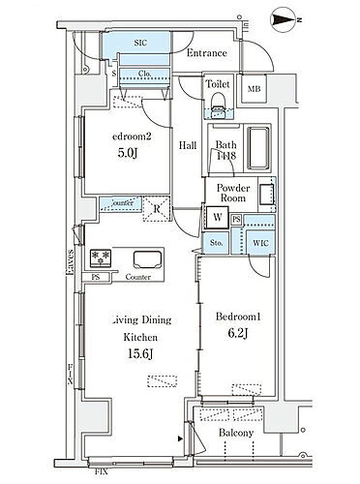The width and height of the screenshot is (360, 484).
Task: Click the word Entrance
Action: click(x=206, y=53)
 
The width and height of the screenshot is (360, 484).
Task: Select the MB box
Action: click(x=254, y=90)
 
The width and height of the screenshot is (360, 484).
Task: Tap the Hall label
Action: click(x=188, y=146)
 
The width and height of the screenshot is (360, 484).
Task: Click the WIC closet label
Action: click(x=259, y=243)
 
